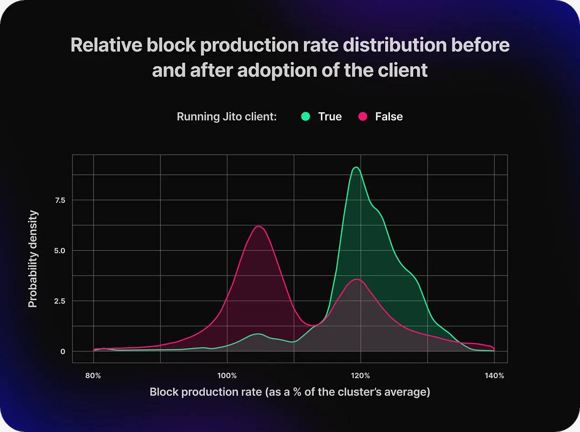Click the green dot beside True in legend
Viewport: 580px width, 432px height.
click(x=306, y=116)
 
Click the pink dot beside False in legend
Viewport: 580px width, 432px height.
click(x=363, y=116)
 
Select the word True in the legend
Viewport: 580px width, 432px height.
click(x=330, y=116)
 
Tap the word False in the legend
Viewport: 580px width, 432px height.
click(x=389, y=116)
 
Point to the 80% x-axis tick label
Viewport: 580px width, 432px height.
click(x=93, y=376)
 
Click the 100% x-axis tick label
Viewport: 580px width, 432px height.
click(x=227, y=376)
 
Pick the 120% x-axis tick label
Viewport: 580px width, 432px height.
click(x=361, y=376)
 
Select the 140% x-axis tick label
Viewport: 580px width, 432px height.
click(x=494, y=376)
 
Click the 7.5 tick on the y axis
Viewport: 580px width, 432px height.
click(x=60, y=200)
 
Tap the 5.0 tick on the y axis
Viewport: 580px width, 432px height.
click(x=60, y=250)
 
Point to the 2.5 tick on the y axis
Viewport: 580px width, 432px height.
click(x=60, y=301)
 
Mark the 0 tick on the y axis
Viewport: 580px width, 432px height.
click(x=63, y=351)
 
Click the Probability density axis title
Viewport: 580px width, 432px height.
click(x=33, y=259)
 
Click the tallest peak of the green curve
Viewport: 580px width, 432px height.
click(x=356, y=167)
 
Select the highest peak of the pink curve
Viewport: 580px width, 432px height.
click(x=259, y=227)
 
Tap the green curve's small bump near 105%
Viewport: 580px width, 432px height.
click(x=258, y=334)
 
